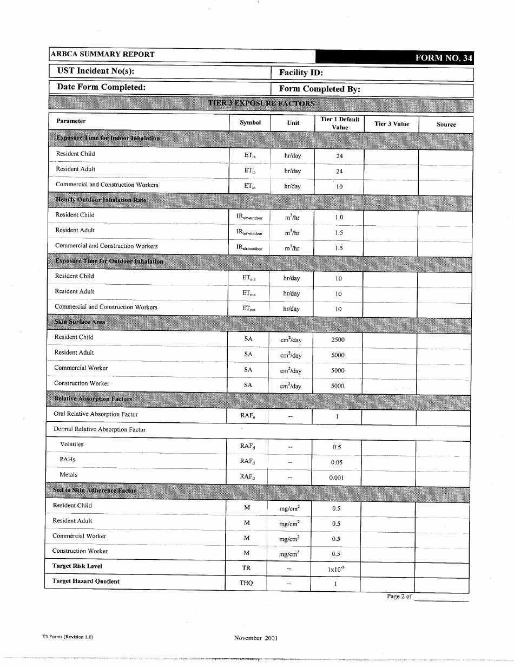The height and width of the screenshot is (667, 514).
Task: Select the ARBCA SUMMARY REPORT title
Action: [x=103, y=54]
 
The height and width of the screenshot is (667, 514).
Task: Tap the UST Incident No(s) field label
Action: [x=96, y=71]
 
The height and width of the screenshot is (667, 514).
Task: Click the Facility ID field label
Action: [x=301, y=73]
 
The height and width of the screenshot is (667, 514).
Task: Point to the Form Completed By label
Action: [x=319, y=89]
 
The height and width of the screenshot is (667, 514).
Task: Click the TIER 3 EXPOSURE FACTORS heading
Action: [x=261, y=103]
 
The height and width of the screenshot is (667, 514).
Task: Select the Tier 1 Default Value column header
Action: [x=340, y=123]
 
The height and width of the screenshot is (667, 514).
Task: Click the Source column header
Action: [x=446, y=124]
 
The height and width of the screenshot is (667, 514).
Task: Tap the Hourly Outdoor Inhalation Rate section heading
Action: [x=101, y=200]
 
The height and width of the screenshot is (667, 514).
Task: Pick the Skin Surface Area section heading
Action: [x=80, y=322]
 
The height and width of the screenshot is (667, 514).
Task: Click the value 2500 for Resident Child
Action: [x=338, y=340]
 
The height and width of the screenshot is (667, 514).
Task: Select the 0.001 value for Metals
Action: [x=337, y=478]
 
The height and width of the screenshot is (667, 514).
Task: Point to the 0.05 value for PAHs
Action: [x=337, y=463]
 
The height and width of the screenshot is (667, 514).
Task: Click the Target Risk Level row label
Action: [x=77, y=566]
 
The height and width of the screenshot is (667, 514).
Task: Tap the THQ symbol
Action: [x=246, y=583]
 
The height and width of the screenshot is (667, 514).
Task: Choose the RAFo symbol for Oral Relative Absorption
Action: [x=248, y=416]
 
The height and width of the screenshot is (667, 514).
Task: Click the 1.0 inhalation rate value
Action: [x=339, y=218]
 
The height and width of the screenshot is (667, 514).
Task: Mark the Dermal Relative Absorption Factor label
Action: [x=100, y=429]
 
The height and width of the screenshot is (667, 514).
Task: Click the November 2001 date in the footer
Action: [x=256, y=638]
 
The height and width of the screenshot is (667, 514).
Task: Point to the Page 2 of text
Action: [x=399, y=596]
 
